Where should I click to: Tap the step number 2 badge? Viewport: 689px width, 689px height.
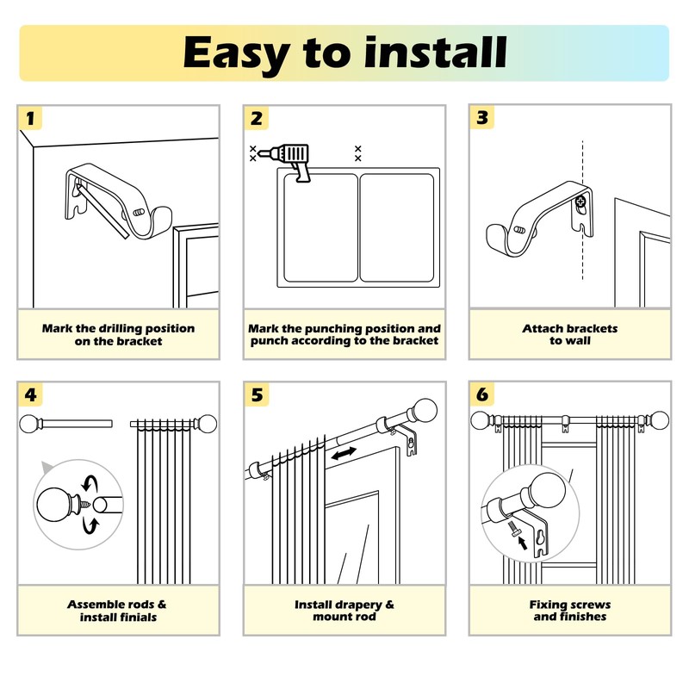(x=256, y=119)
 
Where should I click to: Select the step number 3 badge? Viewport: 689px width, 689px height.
(x=481, y=119)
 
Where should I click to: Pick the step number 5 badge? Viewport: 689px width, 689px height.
(x=256, y=395)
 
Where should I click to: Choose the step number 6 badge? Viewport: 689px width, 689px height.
(x=481, y=395)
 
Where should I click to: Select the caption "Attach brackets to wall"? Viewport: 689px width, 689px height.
(x=569, y=334)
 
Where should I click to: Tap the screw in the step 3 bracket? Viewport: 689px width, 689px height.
(x=581, y=204)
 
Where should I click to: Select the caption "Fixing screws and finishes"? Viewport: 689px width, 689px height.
(x=569, y=611)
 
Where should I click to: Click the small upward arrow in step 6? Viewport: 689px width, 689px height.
(x=520, y=543)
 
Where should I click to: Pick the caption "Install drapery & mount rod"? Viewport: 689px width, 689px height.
(x=344, y=611)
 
